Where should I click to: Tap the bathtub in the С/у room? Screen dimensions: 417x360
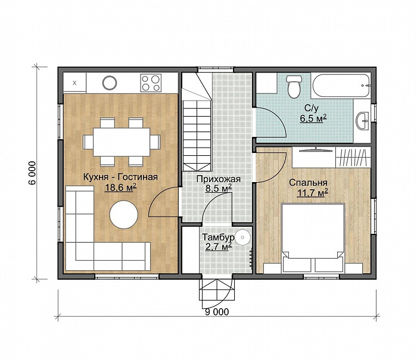(x=341, y=85)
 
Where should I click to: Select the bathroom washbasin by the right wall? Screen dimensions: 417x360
(x=363, y=121)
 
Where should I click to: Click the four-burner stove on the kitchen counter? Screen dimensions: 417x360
(x=151, y=83)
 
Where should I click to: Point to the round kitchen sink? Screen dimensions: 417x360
(x=110, y=83)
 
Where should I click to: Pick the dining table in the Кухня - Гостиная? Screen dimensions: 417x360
(x=122, y=142)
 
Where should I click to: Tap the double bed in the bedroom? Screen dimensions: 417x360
(x=313, y=238)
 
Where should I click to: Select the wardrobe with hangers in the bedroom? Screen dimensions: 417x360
(x=353, y=157)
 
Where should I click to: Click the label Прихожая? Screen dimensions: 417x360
(x=219, y=179)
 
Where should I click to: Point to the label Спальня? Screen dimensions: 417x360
(x=308, y=183)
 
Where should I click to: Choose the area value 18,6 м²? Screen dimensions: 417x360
(x=121, y=187)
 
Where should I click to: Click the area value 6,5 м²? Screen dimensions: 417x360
(x=313, y=118)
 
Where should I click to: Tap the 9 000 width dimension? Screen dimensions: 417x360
(x=217, y=312)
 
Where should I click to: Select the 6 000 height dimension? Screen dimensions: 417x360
(x=32, y=173)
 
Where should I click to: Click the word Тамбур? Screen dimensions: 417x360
(x=219, y=237)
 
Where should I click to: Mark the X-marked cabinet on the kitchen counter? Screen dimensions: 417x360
(x=74, y=83)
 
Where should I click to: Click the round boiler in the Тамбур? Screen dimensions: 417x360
(x=242, y=237)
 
